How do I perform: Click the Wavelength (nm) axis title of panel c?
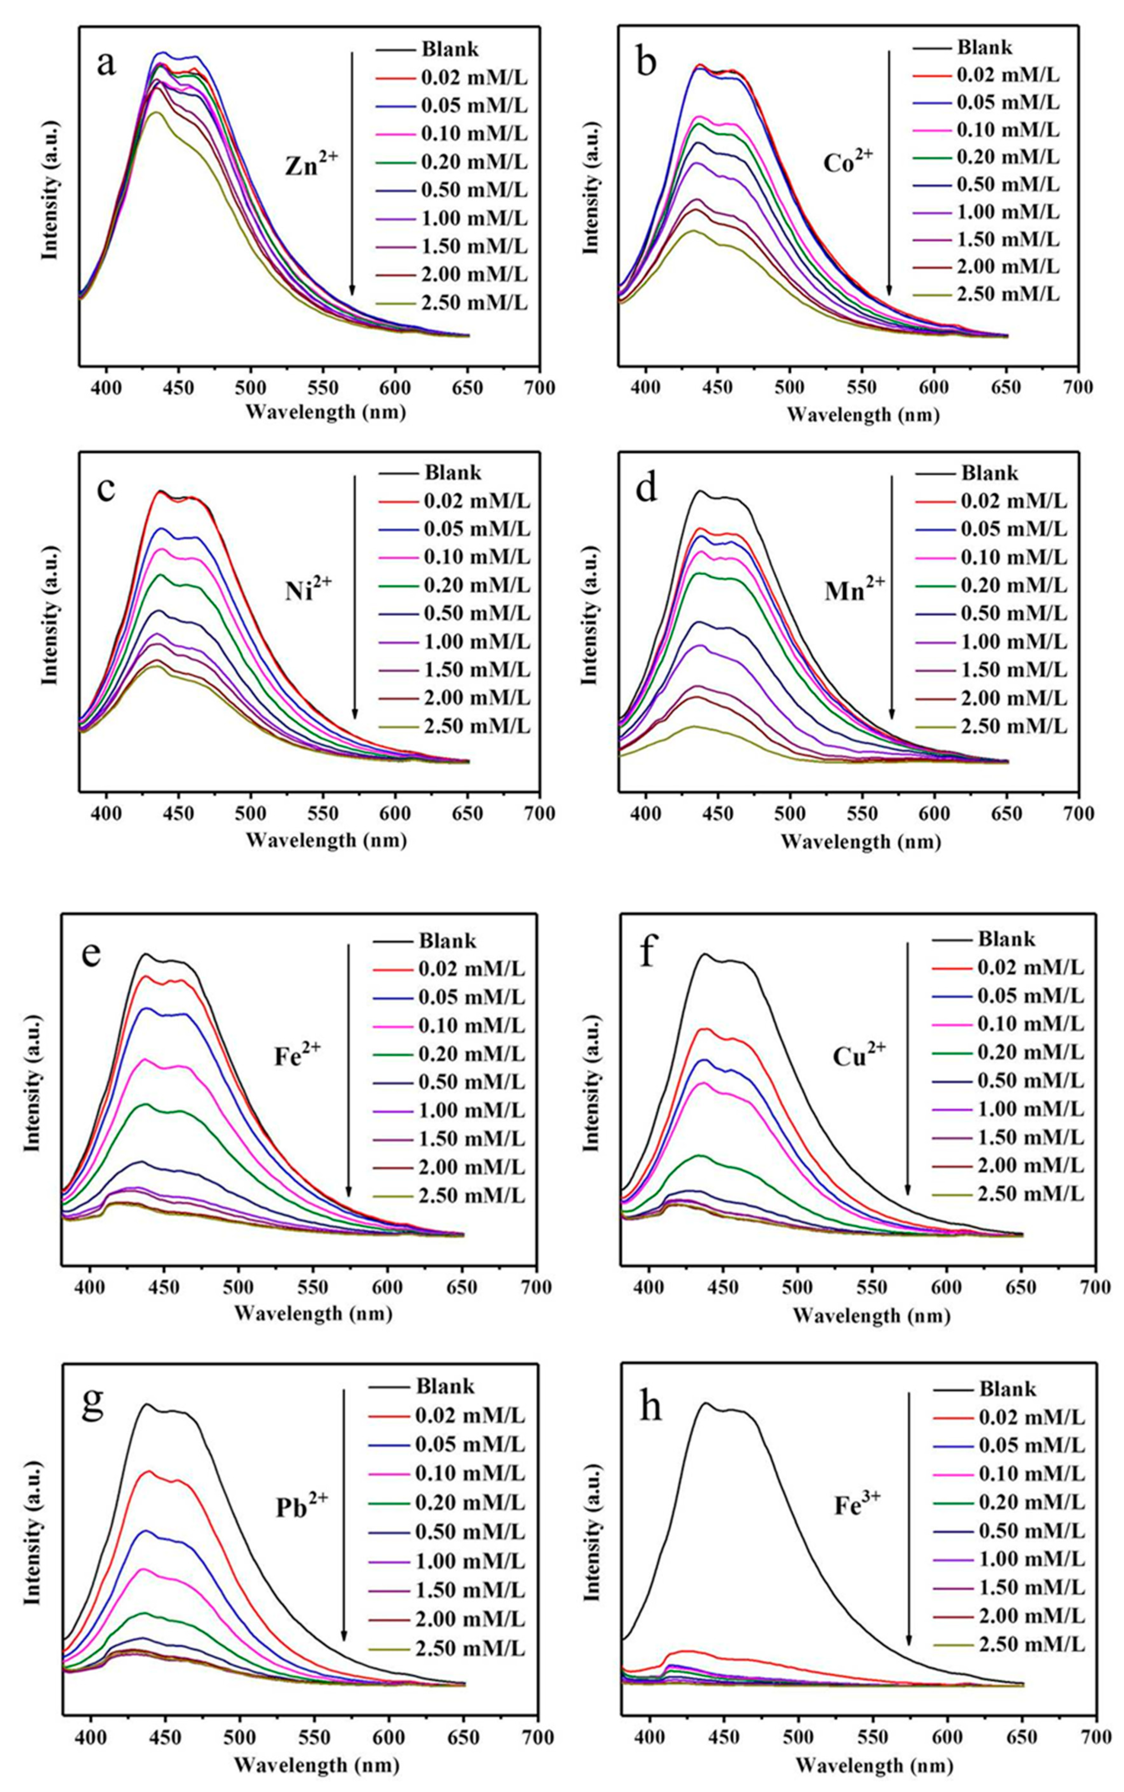(326, 840)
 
